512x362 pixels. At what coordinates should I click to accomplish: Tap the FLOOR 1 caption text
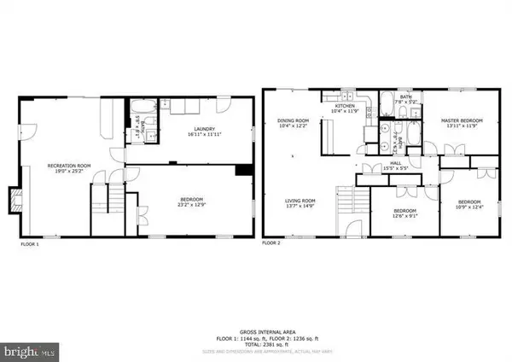(x=30, y=243)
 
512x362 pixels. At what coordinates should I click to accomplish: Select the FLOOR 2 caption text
(x=271, y=243)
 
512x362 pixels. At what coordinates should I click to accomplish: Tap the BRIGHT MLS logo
(x=30, y=350)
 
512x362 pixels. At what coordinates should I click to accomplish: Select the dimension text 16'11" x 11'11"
(x=202, y=136)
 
